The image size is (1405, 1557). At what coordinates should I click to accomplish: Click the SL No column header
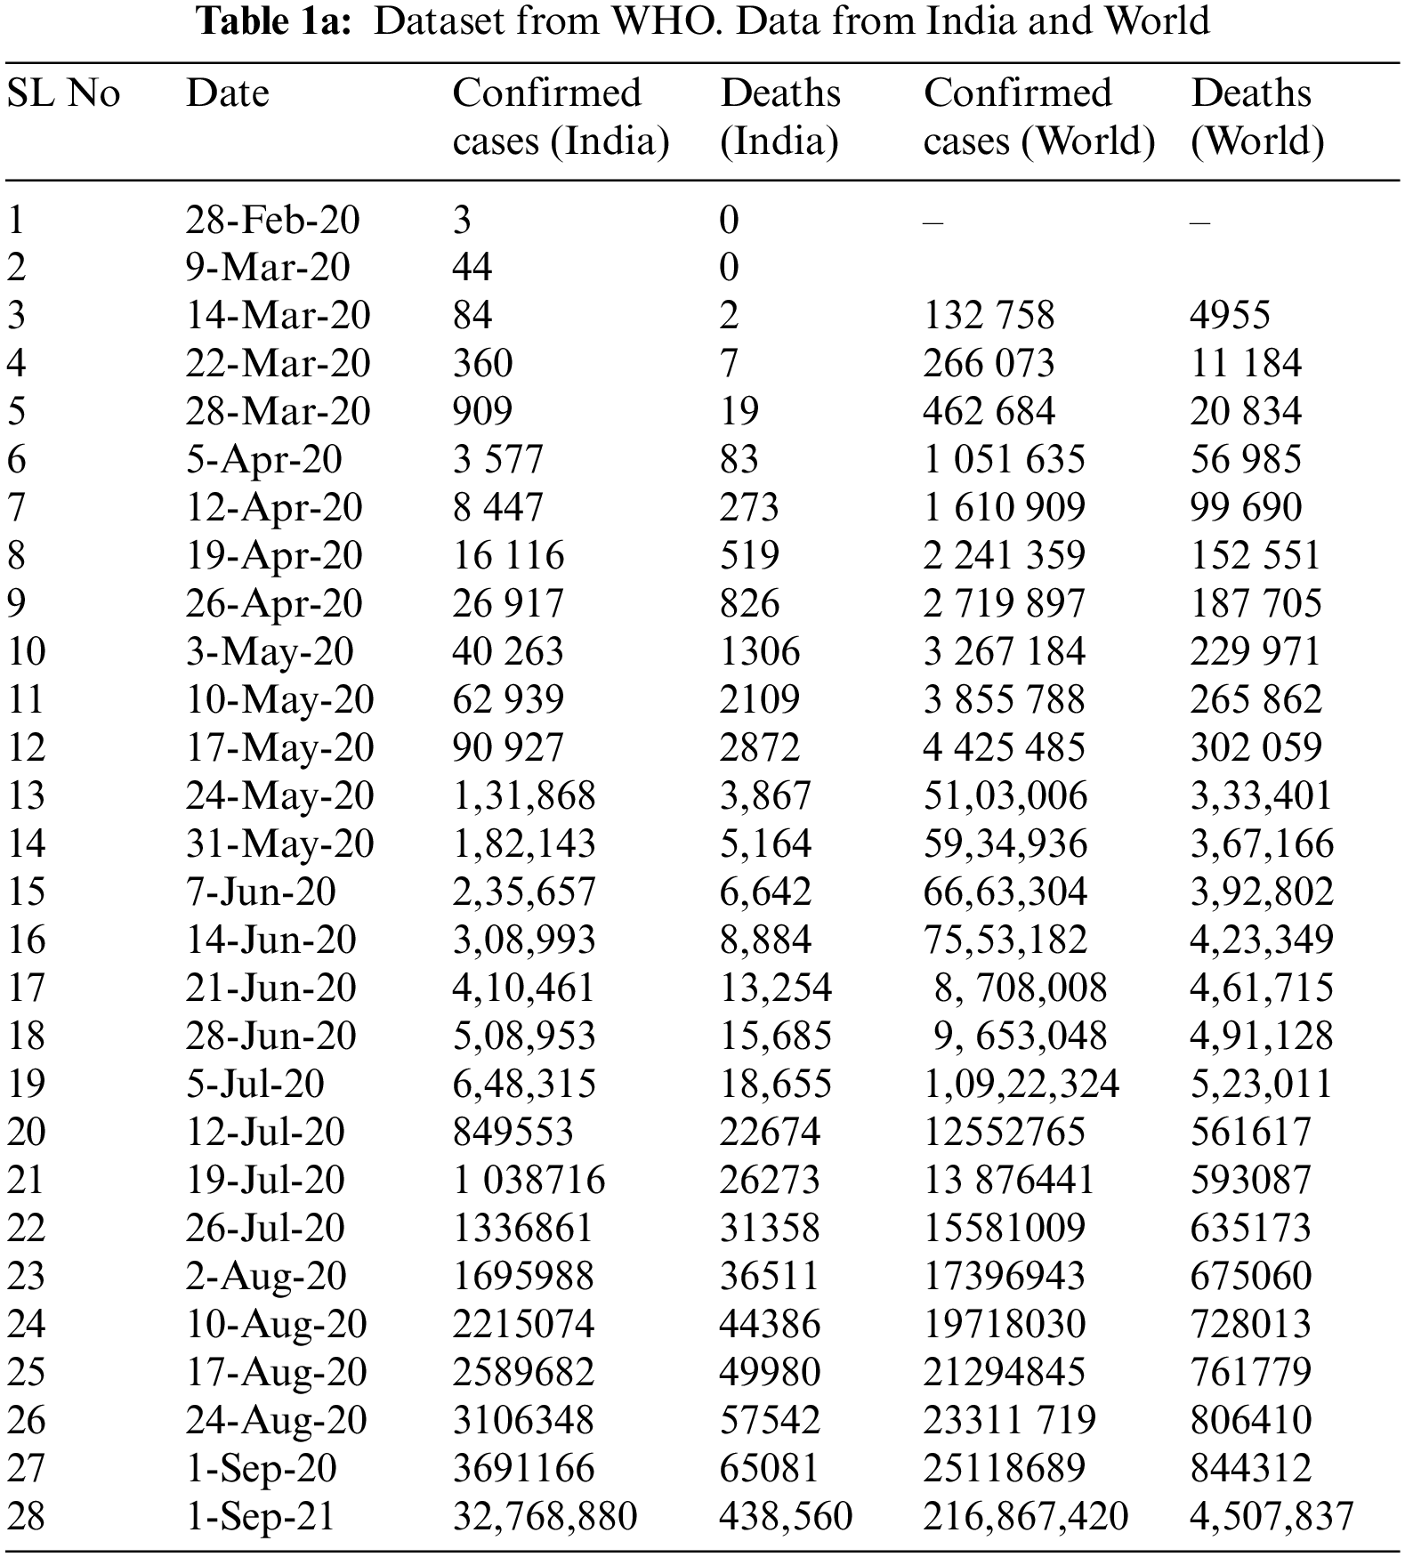point(63,93)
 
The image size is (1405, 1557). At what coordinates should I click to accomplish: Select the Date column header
point(227,93)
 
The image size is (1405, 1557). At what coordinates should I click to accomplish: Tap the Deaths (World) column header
point(1256,117)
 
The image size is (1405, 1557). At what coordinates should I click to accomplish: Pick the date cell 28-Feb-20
point(272,220)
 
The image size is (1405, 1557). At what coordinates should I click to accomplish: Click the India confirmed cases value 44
point(472,268)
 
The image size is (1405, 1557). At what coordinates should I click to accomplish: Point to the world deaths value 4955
point(1230,316)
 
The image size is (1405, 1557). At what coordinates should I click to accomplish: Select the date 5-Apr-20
point(263,460)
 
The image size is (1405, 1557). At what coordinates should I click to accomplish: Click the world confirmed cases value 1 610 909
point(1004,508)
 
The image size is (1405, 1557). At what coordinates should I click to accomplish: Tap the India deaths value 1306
point(759,652)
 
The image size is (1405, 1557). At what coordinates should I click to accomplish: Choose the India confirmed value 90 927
point(507,748)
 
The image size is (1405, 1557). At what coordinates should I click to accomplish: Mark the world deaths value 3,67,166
point(1262,844)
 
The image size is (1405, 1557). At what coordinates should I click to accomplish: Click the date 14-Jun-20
point(271,940)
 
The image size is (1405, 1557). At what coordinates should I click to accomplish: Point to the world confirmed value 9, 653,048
point(1020,1037)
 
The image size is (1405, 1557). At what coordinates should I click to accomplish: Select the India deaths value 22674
point(769,1133)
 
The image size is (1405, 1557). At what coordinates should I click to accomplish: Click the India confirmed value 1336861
point(522,1229)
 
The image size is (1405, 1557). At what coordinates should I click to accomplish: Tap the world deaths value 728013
point(1250,1325)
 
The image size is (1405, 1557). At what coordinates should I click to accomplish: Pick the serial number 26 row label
point(26,1421)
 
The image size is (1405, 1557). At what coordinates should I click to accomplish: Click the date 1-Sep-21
point(260,1517)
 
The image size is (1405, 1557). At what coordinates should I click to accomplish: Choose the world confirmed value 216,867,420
point(1025,1517)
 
